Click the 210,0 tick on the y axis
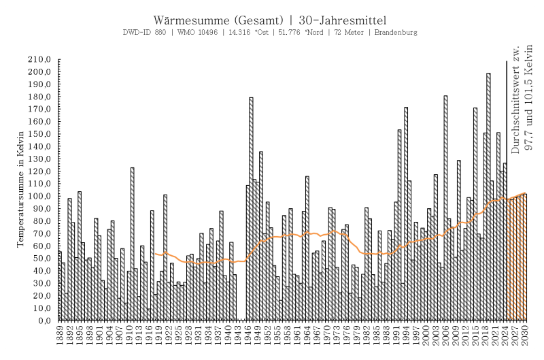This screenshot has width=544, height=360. tap(40, 61)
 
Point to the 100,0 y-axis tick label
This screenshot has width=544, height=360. tap(40, 197)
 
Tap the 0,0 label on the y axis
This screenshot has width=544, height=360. tap(45, 321)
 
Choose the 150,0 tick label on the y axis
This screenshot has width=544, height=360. tap(40, 135)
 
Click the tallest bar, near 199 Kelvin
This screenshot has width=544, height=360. tap(488, 197)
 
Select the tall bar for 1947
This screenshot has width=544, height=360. tap(251, 211)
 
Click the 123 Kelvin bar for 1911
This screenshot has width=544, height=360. tap(133, 245)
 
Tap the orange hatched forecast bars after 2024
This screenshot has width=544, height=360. tap(517, 259)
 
